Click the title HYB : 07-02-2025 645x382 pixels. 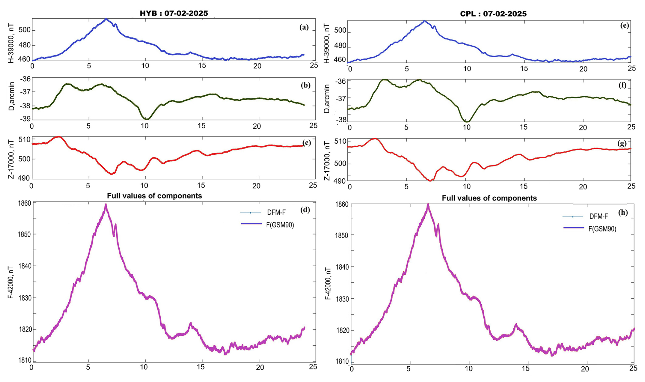pyautogui.click(x=174, y=14)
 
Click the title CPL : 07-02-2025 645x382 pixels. pyautogui.click(x=493, y=14)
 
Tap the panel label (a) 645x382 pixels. pyautogui.click(x=304, y=28)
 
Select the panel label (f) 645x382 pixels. pyautogui.click(x=622, y=85)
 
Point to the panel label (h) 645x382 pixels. pyautogui.click(x=623, y=212)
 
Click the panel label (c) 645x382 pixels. pyautogui.click(x=306, y=143)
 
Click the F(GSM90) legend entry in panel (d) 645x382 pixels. pyautogui.click(x=280, y=225)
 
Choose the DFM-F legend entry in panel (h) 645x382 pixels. pyautogui.click(x=599, y=217)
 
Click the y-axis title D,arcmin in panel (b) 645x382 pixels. pyautogui.click(x=12, y=96)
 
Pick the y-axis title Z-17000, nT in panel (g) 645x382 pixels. pyautogui.click(x=327, y=160)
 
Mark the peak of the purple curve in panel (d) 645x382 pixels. pyautogui.click(x=106, y=204)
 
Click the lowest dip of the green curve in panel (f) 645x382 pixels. pyautogui.click(x=467, y=122)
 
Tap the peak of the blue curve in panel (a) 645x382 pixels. pyautogui.click(x=106, y=19)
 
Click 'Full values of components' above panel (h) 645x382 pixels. pyautogui.click(x=489, y=198)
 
